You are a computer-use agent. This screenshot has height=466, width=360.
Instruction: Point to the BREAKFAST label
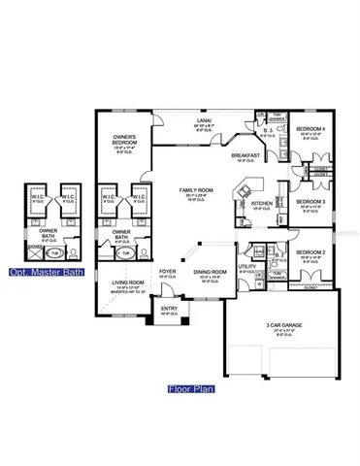[x=246, y=154]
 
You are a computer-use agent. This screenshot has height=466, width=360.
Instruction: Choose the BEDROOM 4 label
[x=311, y=128]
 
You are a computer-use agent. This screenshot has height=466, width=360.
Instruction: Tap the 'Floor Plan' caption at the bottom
[x=189, y=390]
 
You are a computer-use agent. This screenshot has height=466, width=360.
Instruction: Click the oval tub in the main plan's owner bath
[x=122, y=254]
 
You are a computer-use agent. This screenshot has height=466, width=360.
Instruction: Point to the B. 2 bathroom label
[x=278, y=255]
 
